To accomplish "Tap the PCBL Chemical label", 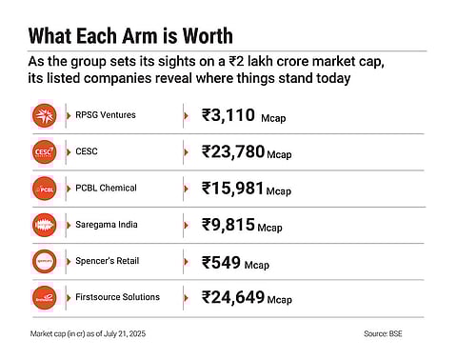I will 105,187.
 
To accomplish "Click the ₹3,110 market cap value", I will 228,115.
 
